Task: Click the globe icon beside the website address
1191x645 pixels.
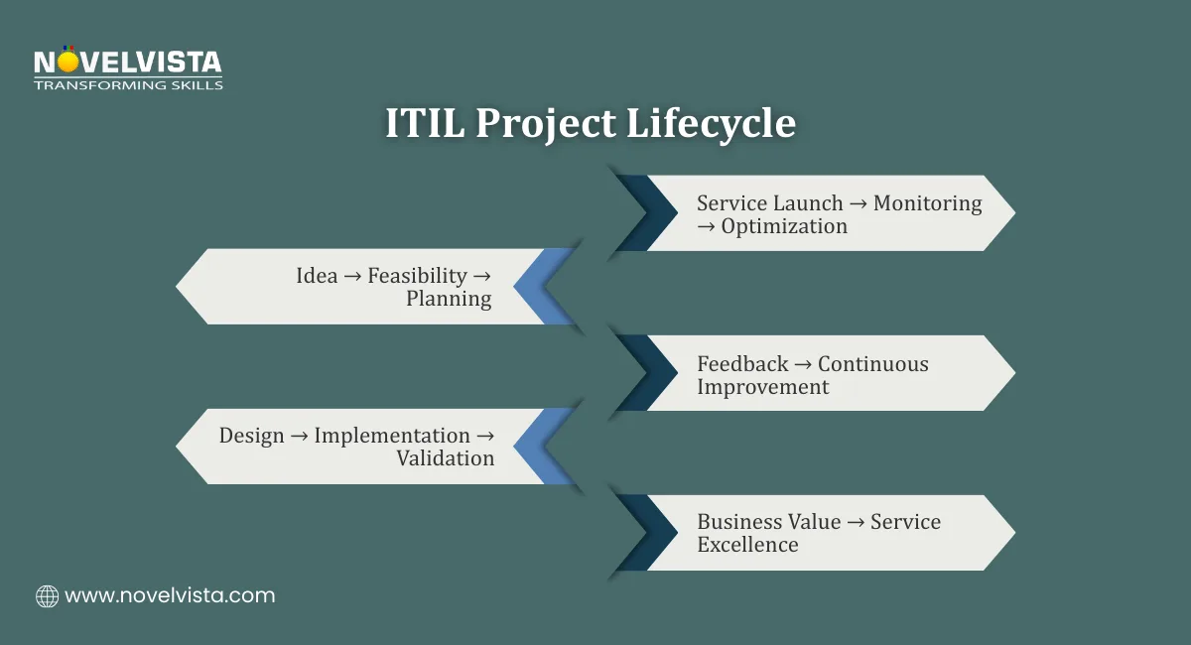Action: (47, 596)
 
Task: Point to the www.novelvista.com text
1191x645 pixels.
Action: (170, 596)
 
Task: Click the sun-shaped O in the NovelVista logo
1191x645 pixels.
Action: (67, 63)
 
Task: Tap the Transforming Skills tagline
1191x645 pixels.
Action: (128, 85)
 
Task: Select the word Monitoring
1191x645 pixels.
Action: (927, 203)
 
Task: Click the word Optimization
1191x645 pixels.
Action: (784, 226)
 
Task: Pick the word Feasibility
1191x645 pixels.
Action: (417, 276)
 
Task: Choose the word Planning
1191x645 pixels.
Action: (449, 299)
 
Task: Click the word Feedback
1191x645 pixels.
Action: (742, 364)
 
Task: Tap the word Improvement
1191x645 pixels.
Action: (762, 387)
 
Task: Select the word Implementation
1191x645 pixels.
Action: (392, 436)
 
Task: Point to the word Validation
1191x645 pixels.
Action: (445, 458)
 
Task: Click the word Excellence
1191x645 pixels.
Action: (747, 545)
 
